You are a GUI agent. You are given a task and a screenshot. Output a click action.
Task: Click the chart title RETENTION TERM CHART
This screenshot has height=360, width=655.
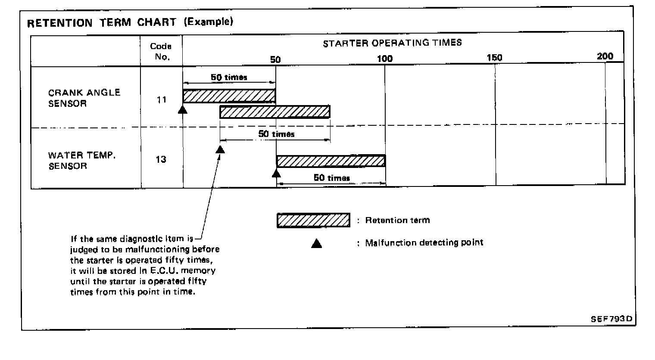[x=101, y=23]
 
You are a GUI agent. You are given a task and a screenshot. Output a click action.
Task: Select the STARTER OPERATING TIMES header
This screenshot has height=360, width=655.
[x=392, y=43]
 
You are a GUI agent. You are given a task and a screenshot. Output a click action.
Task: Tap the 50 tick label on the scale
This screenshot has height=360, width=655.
[x=275, y=59]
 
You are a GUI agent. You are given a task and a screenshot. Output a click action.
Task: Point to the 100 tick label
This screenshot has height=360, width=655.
[x=385, y=59]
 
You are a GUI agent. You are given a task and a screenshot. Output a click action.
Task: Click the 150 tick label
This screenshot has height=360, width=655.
[x=494, y=58]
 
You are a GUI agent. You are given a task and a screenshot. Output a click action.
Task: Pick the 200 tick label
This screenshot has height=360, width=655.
[x=605, y=56]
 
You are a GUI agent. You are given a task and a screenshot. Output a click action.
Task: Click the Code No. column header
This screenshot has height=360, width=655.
[x=161, y=51]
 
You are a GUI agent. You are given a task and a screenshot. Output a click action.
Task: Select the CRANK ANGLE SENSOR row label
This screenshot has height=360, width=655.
[x=84, y=98]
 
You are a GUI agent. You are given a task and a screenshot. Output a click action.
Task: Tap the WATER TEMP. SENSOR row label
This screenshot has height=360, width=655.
[x=82, y=161]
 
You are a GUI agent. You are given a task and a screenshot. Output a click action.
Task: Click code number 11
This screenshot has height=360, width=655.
[x=162, y=100]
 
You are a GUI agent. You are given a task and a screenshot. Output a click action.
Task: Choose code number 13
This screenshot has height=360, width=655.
[x=161, y=159]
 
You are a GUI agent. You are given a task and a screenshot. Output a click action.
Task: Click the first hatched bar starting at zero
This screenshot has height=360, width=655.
[x=229, y=96]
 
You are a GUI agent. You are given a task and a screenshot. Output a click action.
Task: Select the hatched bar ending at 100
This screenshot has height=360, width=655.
[x=331, y=161]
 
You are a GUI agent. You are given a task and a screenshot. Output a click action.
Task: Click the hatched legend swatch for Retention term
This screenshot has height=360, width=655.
[x=313, y=220]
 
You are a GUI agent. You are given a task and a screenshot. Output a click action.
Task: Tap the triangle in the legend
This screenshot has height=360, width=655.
[x=317, y=244]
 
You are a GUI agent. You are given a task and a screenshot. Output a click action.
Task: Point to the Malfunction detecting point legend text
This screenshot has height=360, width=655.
[x=424, y=243]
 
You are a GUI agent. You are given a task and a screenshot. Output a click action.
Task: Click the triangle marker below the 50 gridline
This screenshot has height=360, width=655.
[x=276, y=173]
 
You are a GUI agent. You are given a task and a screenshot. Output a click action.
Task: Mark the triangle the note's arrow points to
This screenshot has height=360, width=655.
[x=220, y=149]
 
